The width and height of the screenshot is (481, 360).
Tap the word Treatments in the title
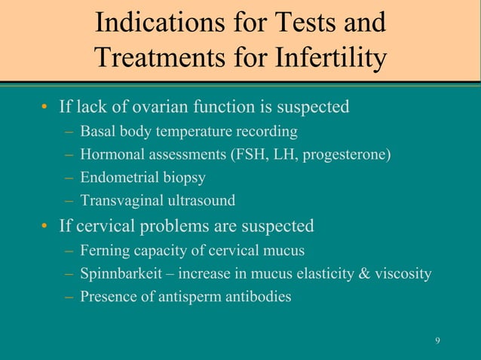[158, 58]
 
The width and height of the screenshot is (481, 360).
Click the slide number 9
[438, 343]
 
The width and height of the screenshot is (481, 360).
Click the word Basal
[97, 133]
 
